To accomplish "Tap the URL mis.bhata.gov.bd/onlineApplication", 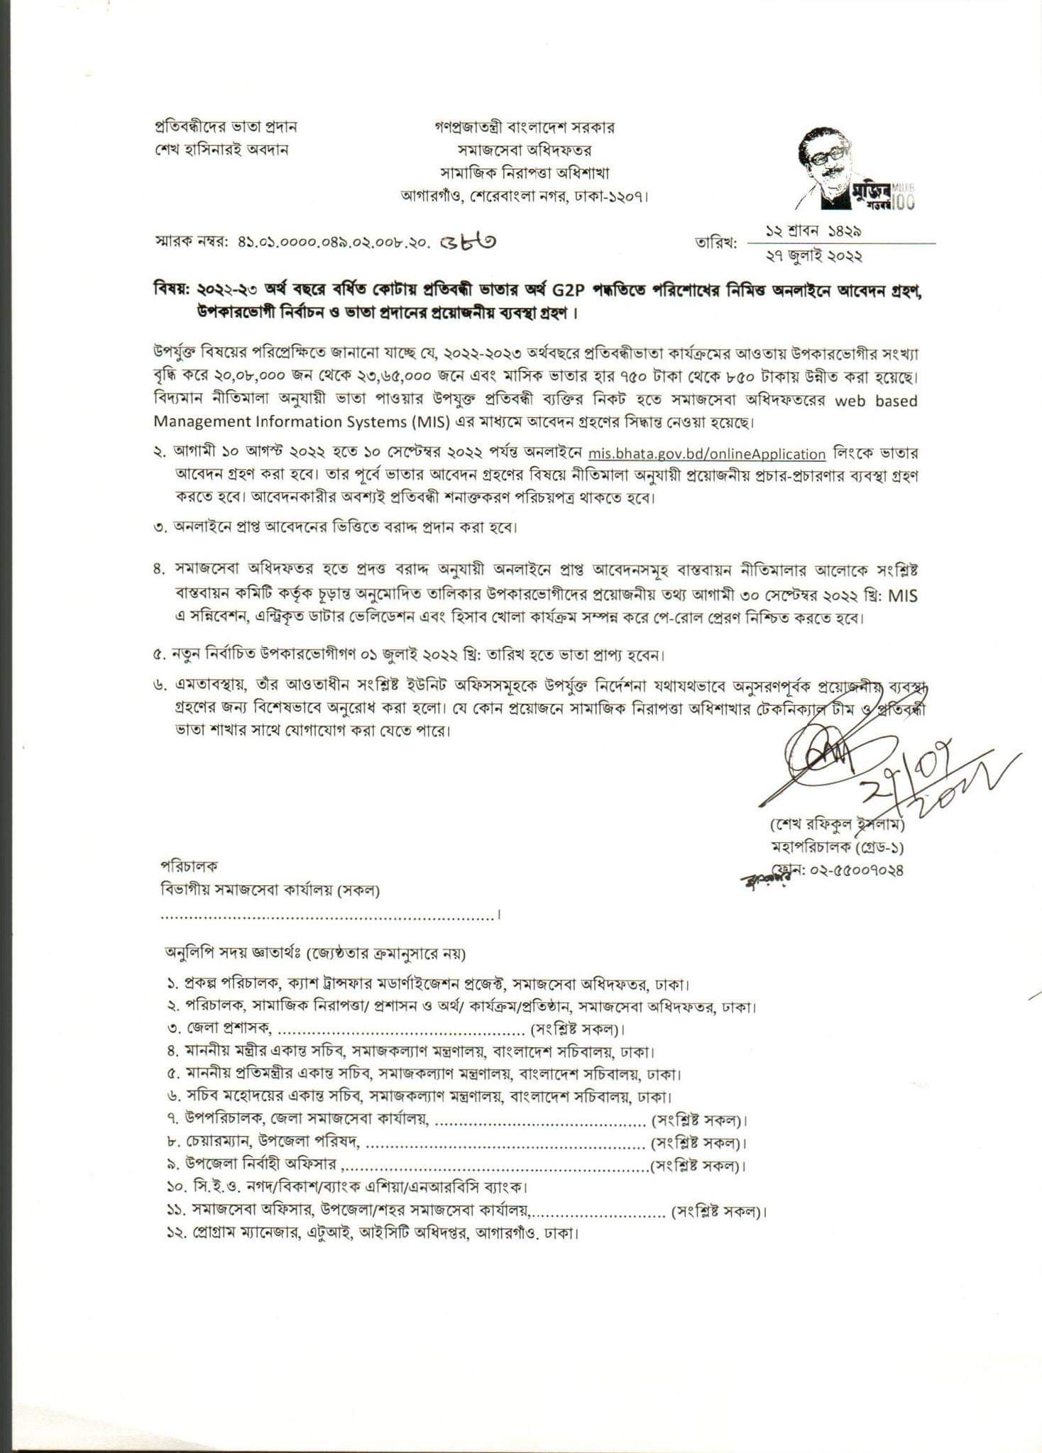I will [707, 455].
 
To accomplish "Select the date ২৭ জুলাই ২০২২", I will [812, 255].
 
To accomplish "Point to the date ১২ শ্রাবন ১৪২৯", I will [813, 231].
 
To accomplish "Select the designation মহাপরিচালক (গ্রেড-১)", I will [838, 847].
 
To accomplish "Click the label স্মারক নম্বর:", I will [187, 242].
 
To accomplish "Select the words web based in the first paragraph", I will [876, 401].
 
